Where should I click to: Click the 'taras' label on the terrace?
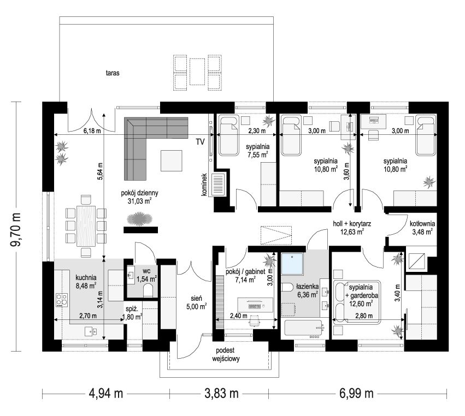113,73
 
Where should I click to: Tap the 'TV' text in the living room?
200,142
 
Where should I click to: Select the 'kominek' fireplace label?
204,185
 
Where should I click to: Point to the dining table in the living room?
86,226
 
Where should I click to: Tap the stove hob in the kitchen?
62,300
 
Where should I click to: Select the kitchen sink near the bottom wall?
91,331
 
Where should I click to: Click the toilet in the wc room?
148,290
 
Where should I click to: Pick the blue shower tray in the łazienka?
292,263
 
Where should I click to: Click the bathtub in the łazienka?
304,329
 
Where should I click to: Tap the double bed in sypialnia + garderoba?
357,302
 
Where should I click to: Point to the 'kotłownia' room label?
422,224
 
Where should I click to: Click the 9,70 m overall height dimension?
16,229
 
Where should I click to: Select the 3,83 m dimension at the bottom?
221,394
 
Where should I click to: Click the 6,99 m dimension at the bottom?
356,394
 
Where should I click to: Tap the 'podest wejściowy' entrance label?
226,354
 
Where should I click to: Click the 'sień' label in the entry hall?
196,299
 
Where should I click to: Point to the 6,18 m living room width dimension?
92,130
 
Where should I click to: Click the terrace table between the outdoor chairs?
197,72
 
